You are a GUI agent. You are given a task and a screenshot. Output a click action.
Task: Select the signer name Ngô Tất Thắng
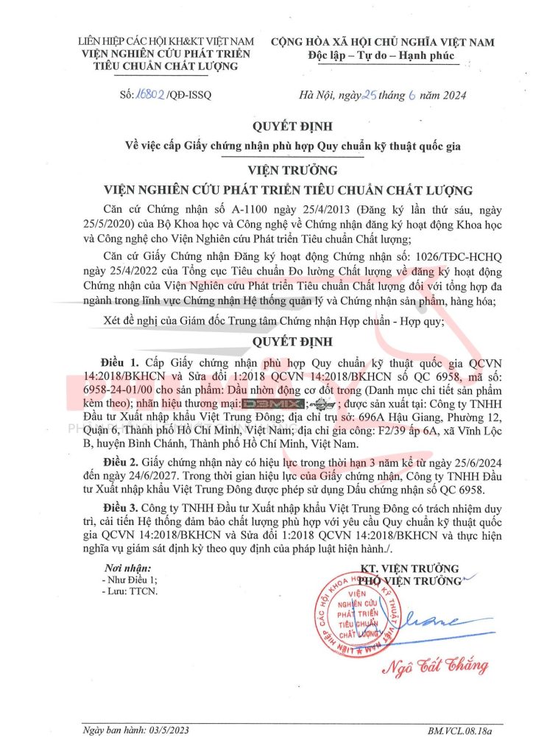coord(434,666)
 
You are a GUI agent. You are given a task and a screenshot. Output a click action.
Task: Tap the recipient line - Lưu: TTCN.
coord(130,591)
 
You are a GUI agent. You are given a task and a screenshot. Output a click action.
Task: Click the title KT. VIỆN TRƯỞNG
coord(410,568)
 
